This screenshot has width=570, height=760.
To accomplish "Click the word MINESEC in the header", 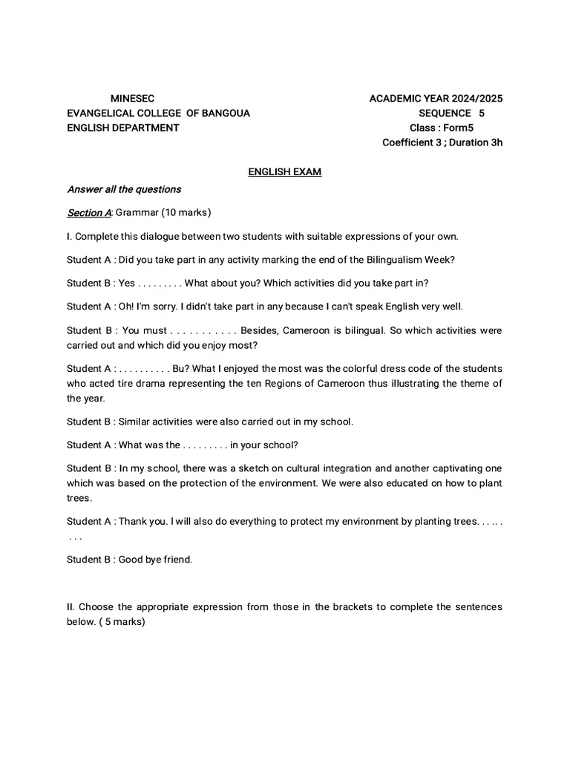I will pyautogui.click(x=133, y=98).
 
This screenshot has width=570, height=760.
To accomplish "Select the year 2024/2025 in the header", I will pyautogui.click(x=476, y=98).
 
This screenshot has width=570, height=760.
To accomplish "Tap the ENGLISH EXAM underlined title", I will pyautogui.click(x=284, y=172).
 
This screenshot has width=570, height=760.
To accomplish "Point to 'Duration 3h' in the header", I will pyautogui.click(x=476, y=142).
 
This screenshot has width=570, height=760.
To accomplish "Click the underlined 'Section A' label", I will pyautogui.click(x=88, y=213).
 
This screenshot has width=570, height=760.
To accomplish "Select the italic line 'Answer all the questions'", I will pyautogui.click(x=124, y=189).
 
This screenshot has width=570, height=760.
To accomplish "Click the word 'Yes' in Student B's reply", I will pyautogui.click(x=127, y=283).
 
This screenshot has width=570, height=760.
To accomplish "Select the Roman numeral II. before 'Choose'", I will pyautogui.click(x=70, y=607).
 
